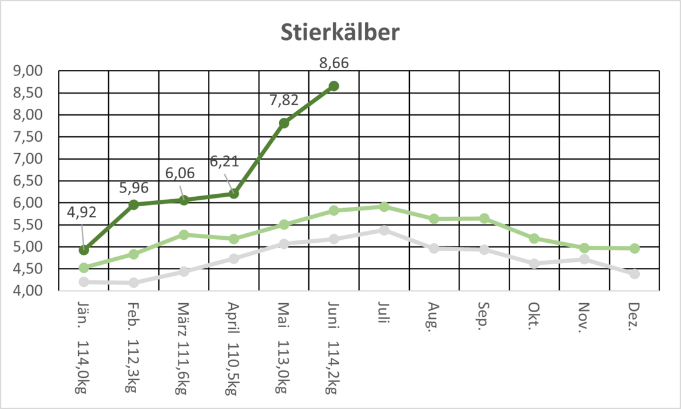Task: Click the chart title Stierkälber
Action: (x=340, y=33)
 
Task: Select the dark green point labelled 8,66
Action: (x=334, y=86)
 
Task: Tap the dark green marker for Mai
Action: (x=284, y=123)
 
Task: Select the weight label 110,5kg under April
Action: (x=233, y=368)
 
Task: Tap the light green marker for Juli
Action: (x=384, y=207)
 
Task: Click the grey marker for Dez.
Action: (x=634, y=274)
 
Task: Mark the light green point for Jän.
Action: (x=84, y=268)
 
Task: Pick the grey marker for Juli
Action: (x=384, y=230)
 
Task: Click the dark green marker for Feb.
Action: (x=134, y=204)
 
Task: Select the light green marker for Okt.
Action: (x=534, y=239)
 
